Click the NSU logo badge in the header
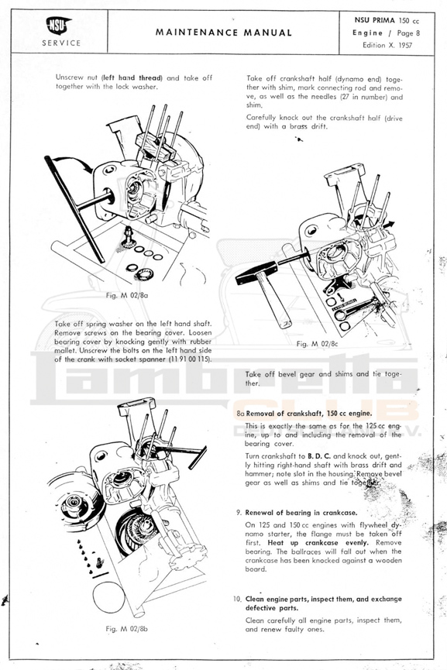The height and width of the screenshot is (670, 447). (59, 26)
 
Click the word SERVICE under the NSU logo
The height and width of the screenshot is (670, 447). (61, 43)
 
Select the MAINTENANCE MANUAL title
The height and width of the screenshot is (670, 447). (223, 33)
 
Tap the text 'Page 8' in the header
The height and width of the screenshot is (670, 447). (408, 33)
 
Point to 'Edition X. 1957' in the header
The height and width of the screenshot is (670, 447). (387, 45)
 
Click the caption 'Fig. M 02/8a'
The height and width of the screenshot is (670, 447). (127, 295)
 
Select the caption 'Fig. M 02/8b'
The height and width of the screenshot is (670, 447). (127, 628)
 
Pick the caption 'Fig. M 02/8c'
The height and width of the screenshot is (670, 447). (318, 344)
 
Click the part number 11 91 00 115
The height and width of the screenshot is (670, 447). (189, 359)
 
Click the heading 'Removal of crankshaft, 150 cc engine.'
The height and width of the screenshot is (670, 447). (308, 413)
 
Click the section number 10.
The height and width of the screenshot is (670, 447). (237, 599)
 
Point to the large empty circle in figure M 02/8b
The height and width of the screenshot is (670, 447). (108, 596)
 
